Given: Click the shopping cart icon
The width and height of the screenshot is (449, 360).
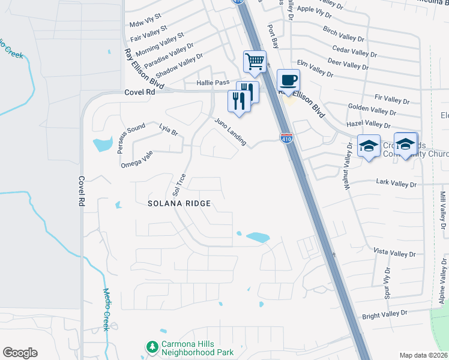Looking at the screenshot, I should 255,62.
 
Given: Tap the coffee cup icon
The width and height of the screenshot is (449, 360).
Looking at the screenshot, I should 289,80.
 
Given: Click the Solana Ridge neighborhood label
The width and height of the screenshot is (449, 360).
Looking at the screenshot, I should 179,203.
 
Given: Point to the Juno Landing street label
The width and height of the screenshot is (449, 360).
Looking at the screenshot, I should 231,131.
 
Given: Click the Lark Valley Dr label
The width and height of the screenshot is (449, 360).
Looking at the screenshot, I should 396,182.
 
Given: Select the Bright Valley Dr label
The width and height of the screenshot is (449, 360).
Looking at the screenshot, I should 384,314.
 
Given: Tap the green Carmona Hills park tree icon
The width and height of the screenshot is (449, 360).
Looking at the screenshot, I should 151,346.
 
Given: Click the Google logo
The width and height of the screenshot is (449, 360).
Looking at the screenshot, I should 20,353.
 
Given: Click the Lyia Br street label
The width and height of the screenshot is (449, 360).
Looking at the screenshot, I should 169,129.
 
